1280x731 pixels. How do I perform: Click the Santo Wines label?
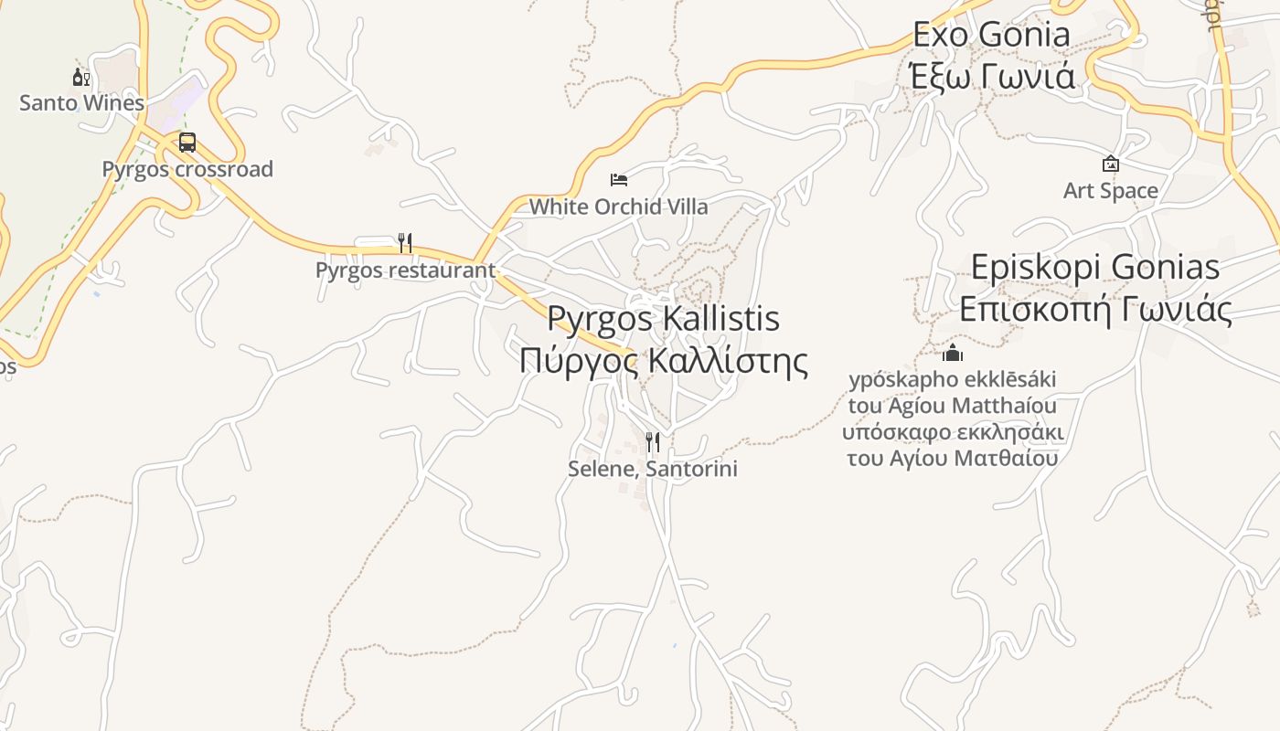pyautogui.click(x=82, y=102)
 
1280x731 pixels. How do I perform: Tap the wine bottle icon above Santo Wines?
pyautogui.click(x=81, y=78)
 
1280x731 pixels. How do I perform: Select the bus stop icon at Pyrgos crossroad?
pyautogui.click(x=187, y=143)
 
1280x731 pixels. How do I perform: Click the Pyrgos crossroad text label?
pyautogui.click(x=187, y=169)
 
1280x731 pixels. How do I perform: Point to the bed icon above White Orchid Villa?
pyautogui.click(x=619, y=180)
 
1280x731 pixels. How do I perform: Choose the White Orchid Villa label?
pyautogui.click(x=619, y=207)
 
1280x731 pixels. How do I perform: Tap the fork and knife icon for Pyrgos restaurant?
pyautogui.click(x=405, y=243)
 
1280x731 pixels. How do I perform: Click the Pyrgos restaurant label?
pyautogui.click(x=405, y=270)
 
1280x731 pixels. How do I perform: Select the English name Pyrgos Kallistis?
pyautogui.click(x=663, y=319)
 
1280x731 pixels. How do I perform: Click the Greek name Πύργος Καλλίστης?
pyautogui.click(x=663, y=360)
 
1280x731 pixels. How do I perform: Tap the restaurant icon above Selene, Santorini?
pyautogui.click(x=653, y=442)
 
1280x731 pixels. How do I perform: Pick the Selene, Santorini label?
pyautogui.click(x=653, y=469)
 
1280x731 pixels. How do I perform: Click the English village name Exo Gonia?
pyautogui.click(x=992, y=35)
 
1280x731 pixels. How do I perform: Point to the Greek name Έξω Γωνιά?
pyautogui.click(x=992, y=76)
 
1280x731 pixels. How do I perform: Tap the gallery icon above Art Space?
pyautogui.click(x=1111, y=164)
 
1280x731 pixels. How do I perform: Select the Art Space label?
pyautogui.click(x=1111, y=190)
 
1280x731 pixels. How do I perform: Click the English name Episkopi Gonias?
pyautogui.click(x=1095, y=268)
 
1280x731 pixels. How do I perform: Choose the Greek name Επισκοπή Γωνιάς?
pyautogui.click(x=1095, y=309)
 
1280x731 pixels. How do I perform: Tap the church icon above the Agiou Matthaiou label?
pyautogui.click(x=953, y=353)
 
